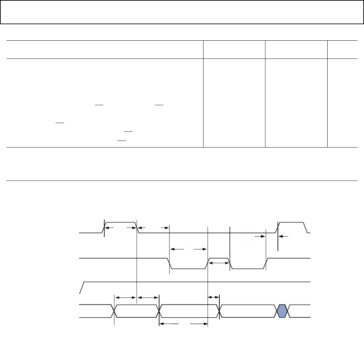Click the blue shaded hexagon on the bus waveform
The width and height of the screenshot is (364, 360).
coord(283,311)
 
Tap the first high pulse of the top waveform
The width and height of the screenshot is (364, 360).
coord(120,223)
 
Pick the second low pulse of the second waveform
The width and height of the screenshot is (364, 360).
coord(248,268)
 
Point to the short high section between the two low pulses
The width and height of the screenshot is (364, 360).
coord(219,258)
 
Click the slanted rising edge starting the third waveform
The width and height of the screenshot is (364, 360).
coord(82,287)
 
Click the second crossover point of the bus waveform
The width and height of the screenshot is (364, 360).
coord(159,311)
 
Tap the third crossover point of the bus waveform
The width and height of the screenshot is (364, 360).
coord(219,311)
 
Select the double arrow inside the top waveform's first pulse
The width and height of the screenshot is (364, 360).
coord(120,228)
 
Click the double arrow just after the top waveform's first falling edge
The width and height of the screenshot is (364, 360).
coord(153,228)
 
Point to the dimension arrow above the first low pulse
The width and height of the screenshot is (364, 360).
coord(188,249)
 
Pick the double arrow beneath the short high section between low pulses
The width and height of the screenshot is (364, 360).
coord(219,263)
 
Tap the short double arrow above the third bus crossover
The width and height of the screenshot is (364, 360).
coord(214,297)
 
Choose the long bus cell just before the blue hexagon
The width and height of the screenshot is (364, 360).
coord(247,311)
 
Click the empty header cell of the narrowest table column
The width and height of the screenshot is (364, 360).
coord(342,50)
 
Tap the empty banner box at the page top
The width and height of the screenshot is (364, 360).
coord(182,12)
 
